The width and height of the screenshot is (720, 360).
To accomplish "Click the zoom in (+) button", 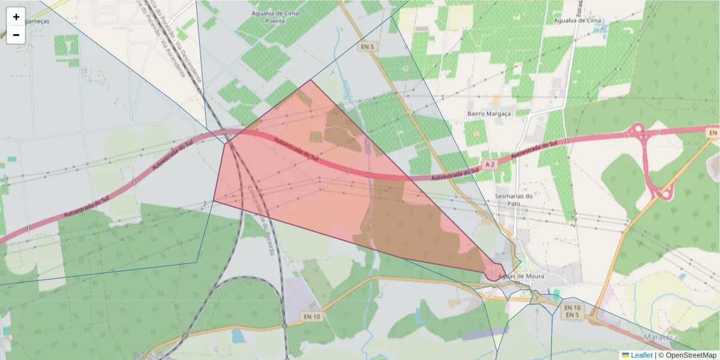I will [x=16, y=17].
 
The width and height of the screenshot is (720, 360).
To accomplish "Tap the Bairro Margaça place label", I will [x=488, y=113].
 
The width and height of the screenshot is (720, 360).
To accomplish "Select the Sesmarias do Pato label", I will [x=515, y=200].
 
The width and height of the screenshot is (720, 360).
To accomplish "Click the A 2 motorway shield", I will [x=490, y=164].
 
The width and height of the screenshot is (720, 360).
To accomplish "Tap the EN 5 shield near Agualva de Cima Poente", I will [x=367, y=47].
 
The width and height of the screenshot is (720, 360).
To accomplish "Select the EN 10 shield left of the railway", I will [x=312, y=316].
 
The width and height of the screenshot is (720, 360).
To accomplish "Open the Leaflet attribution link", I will [x=641, y=355].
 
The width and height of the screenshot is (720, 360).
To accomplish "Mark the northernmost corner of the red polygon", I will [x=311, y=80].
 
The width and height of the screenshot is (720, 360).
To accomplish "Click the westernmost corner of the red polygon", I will [x=214, y=201].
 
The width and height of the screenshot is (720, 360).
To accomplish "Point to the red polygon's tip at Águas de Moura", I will [x=493, y=280].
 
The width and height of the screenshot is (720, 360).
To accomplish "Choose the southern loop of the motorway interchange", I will [x=664, y=193].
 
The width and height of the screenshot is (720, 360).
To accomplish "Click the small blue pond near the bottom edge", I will [x=238, y=336].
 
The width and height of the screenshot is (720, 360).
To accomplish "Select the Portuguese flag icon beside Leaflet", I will [x=625, y=355].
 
